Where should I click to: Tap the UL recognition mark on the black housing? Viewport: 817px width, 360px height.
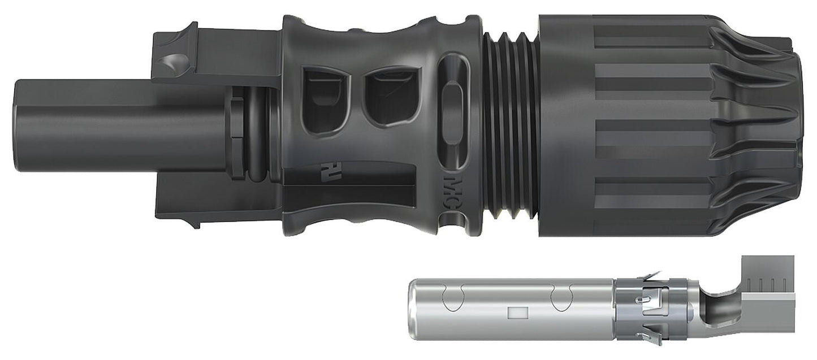(326, 170)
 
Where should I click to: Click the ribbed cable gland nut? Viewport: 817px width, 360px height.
(667, 124)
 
